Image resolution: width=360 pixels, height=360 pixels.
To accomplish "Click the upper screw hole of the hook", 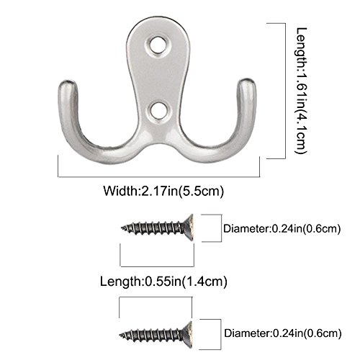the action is pyautogui.click(x=157, y=45).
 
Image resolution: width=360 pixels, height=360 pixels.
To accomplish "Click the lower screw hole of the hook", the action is pyautogui.click(x=158, y=112).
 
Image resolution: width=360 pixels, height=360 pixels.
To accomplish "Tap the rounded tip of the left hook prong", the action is pyautogui.click(x=68, y=84).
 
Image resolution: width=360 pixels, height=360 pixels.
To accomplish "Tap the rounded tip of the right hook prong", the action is pyautogui.click(x=246, y=83).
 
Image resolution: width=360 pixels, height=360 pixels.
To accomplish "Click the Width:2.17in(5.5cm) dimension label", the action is pyautogui.click(x=163, y=192).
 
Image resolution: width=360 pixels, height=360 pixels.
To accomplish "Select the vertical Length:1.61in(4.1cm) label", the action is pyautogui.click(x=302, y=91).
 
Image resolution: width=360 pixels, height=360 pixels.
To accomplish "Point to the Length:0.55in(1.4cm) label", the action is pyautogui.click(x=163, y=282).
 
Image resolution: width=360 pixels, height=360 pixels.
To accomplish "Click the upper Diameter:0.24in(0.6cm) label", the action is pyautogui.click(x=282, y=229).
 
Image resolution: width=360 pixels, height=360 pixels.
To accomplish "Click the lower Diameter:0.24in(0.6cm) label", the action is pyautogui.click(x=283, y=333).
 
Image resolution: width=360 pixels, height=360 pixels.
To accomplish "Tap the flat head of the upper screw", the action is pyautogui.click(x=189, y=228).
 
